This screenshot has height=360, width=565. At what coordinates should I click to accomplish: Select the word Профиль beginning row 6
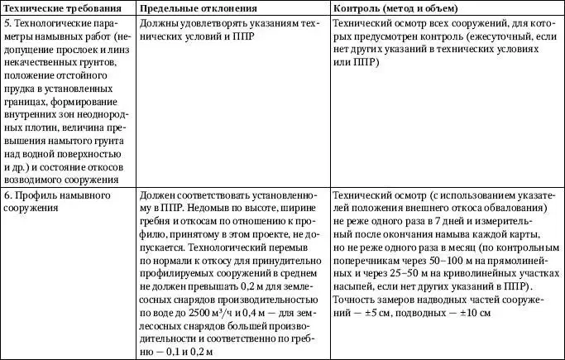coord(36,195)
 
